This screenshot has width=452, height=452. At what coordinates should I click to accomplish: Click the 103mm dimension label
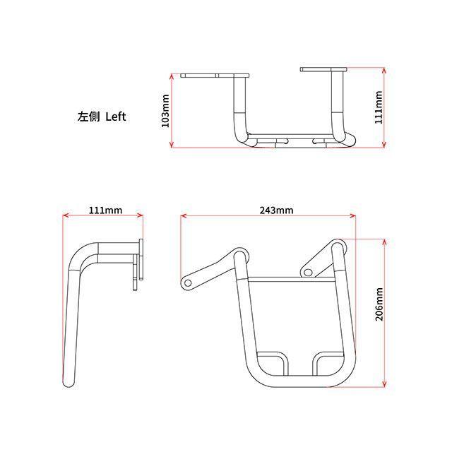(x=165, y=111)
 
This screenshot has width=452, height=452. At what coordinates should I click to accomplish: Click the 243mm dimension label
(x=276, y=210)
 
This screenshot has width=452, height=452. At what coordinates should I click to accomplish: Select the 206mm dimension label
(x=379, y=304)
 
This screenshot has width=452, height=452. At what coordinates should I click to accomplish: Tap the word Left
(x=116, y=117)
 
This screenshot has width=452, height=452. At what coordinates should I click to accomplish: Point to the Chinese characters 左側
(x=88, y=117)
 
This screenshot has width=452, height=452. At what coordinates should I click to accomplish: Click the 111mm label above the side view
(x=105, y=210)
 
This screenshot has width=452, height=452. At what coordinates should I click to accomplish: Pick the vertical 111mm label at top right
(x=379, y=107)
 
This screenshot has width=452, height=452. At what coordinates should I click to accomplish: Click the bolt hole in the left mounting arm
(x=188, y=282)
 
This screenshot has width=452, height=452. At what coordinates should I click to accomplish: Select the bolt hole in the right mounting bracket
(x=308, y=272)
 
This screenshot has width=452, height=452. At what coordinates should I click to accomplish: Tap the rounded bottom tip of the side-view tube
(x=69, y=385)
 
